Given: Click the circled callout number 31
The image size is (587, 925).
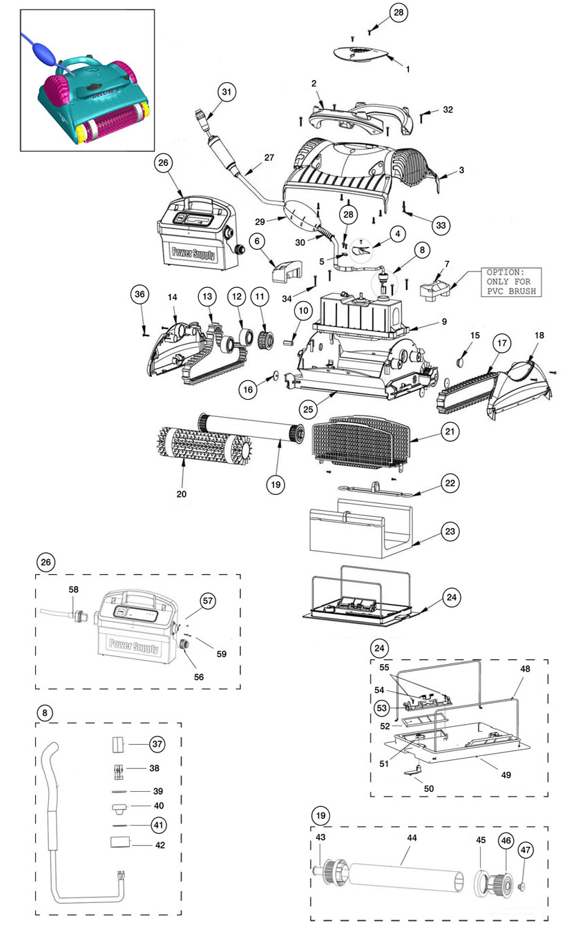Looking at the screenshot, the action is point(227,92).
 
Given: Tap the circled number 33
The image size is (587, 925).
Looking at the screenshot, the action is point(441,225).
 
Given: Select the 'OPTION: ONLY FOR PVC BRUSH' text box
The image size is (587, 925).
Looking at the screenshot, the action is point(511,282).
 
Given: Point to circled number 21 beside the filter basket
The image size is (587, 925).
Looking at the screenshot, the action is point(450,431).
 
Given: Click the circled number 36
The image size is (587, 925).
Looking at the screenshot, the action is point(140,294).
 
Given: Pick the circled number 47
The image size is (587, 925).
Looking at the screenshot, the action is point(525,850).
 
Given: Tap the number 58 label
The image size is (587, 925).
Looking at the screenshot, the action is point(73,590).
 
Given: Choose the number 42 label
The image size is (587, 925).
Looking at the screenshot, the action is point(160,846).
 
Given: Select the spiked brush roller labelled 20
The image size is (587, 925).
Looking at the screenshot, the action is point(204,445).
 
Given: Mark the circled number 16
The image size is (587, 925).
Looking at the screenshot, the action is point(248,389).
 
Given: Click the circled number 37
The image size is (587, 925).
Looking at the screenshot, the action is point(157,744).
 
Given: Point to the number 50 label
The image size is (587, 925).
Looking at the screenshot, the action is point(429,788).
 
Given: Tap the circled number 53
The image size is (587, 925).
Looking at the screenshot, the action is point(382,708).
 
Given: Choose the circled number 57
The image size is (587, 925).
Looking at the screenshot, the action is point(208,601).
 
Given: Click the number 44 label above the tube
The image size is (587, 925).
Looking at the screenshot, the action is point(412,837).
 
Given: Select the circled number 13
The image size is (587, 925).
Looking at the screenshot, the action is point(207,296).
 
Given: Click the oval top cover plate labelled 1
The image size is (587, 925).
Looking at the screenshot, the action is point(360,54).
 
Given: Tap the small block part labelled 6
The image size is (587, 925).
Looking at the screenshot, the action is point(287,271).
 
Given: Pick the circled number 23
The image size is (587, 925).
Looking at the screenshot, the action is point(450,531).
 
